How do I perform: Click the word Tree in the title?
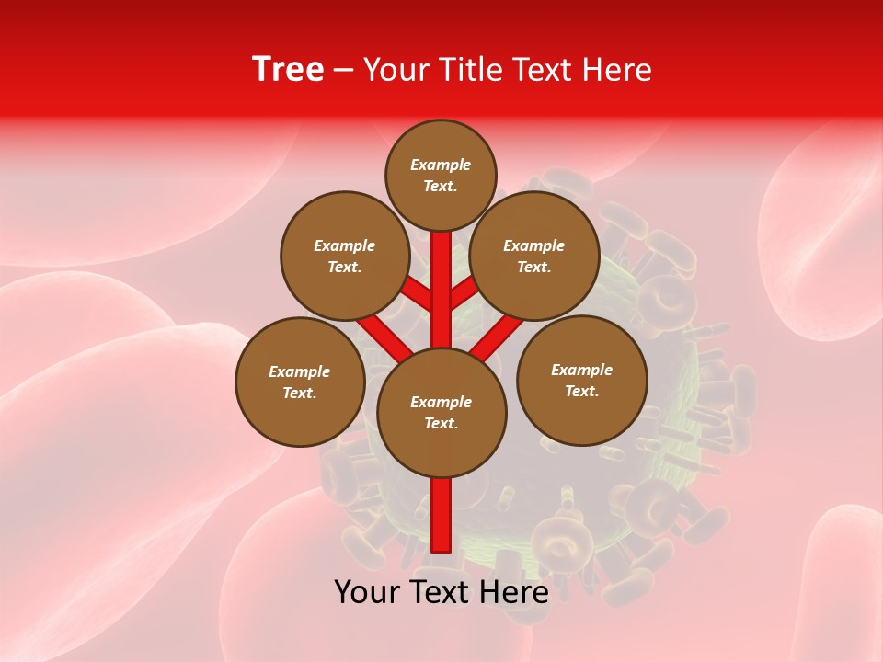[288, 70]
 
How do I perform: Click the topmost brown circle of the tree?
[441, 175]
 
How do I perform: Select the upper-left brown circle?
[345, 256]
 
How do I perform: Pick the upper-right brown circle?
[534, 256]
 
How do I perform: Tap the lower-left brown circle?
[300, 382]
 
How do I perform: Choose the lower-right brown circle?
[581, 380]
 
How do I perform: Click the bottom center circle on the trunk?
[441, 412]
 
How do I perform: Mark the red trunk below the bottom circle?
[441, 515]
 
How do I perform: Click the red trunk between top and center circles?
[441, 276]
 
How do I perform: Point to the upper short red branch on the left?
[419, 295]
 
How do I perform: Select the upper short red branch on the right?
[463, 294]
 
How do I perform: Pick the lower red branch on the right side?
[499, 337]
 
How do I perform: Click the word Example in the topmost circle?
[441, 165]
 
